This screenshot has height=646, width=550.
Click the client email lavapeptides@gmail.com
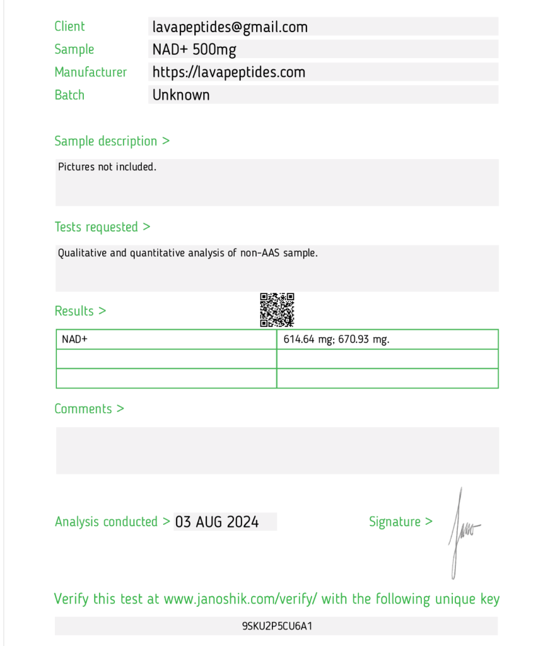tap(230, 27)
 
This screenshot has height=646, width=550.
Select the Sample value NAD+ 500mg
tap(194, 50)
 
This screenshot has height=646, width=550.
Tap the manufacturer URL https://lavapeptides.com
tap(228, 73)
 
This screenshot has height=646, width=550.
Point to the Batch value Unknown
tap(181, 95)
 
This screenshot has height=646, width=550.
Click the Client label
tap(69, 26)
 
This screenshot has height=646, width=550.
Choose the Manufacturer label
tap(90, 73)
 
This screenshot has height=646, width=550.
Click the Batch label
tap(69, 95)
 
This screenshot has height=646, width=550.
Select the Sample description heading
tap(112, 141)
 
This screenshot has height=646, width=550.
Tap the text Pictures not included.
tap(107, 167)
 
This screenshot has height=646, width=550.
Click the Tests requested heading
tap(102, 227)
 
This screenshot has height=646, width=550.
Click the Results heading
tap(80, 311)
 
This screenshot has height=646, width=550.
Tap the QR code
tap(277, 310)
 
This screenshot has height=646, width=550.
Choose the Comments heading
tap(89, 409)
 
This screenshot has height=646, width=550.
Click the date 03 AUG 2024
tap(217, 522)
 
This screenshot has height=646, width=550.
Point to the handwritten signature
tap(462, 531)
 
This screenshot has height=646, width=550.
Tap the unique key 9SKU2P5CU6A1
tap(277, 626)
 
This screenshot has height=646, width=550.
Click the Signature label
tap(401, 522)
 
